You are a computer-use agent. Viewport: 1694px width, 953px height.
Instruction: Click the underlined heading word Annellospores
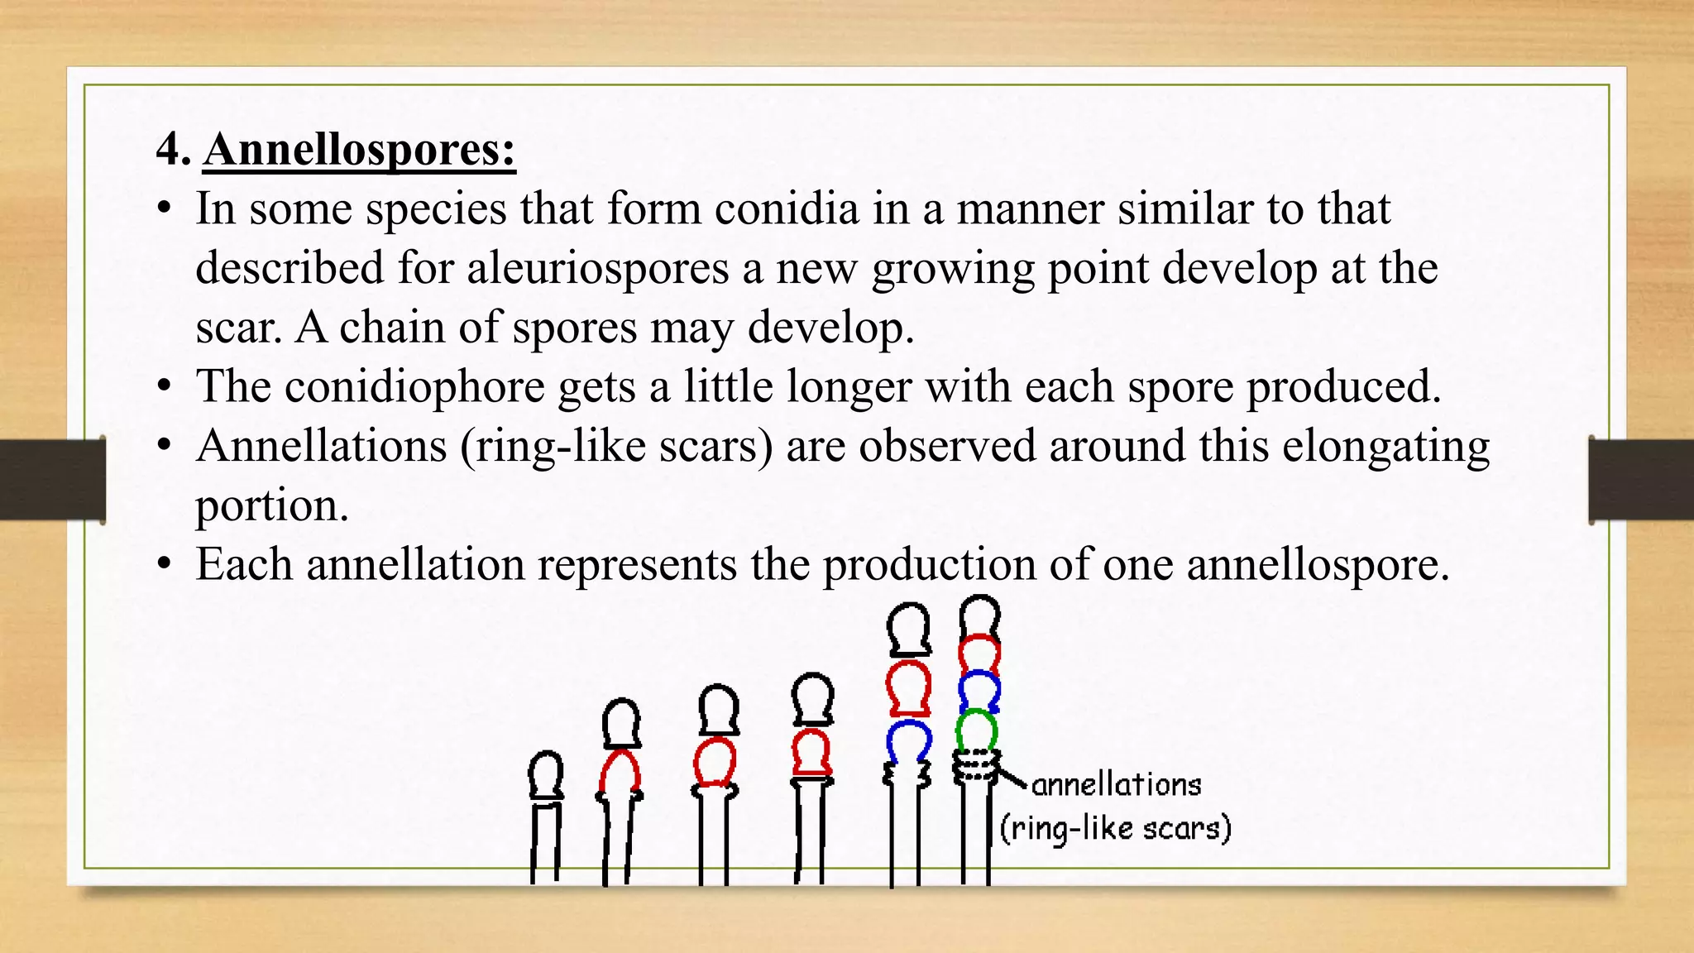coord(359,150)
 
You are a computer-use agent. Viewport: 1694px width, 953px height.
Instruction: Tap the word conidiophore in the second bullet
coord(414,386)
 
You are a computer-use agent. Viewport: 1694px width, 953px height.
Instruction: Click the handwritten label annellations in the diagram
coord(1116,784)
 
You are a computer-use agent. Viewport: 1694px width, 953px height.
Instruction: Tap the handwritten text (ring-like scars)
coord(1115,828)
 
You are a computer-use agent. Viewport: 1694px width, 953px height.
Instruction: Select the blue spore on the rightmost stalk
coord(979,691)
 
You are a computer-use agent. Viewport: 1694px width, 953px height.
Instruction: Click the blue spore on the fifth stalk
coord(908,740)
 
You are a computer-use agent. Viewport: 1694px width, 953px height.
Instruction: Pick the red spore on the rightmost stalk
coord(979,654)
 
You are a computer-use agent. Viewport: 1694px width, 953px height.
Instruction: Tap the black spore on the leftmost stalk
coord(545,775)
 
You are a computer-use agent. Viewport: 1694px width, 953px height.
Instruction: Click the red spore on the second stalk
coord(620,772)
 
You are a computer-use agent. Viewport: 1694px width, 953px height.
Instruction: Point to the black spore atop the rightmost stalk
coord(979,616)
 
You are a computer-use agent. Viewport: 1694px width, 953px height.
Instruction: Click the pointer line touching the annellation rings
coord(1012,778)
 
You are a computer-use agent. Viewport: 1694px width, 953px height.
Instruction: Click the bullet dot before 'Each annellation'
coord(165,565)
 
